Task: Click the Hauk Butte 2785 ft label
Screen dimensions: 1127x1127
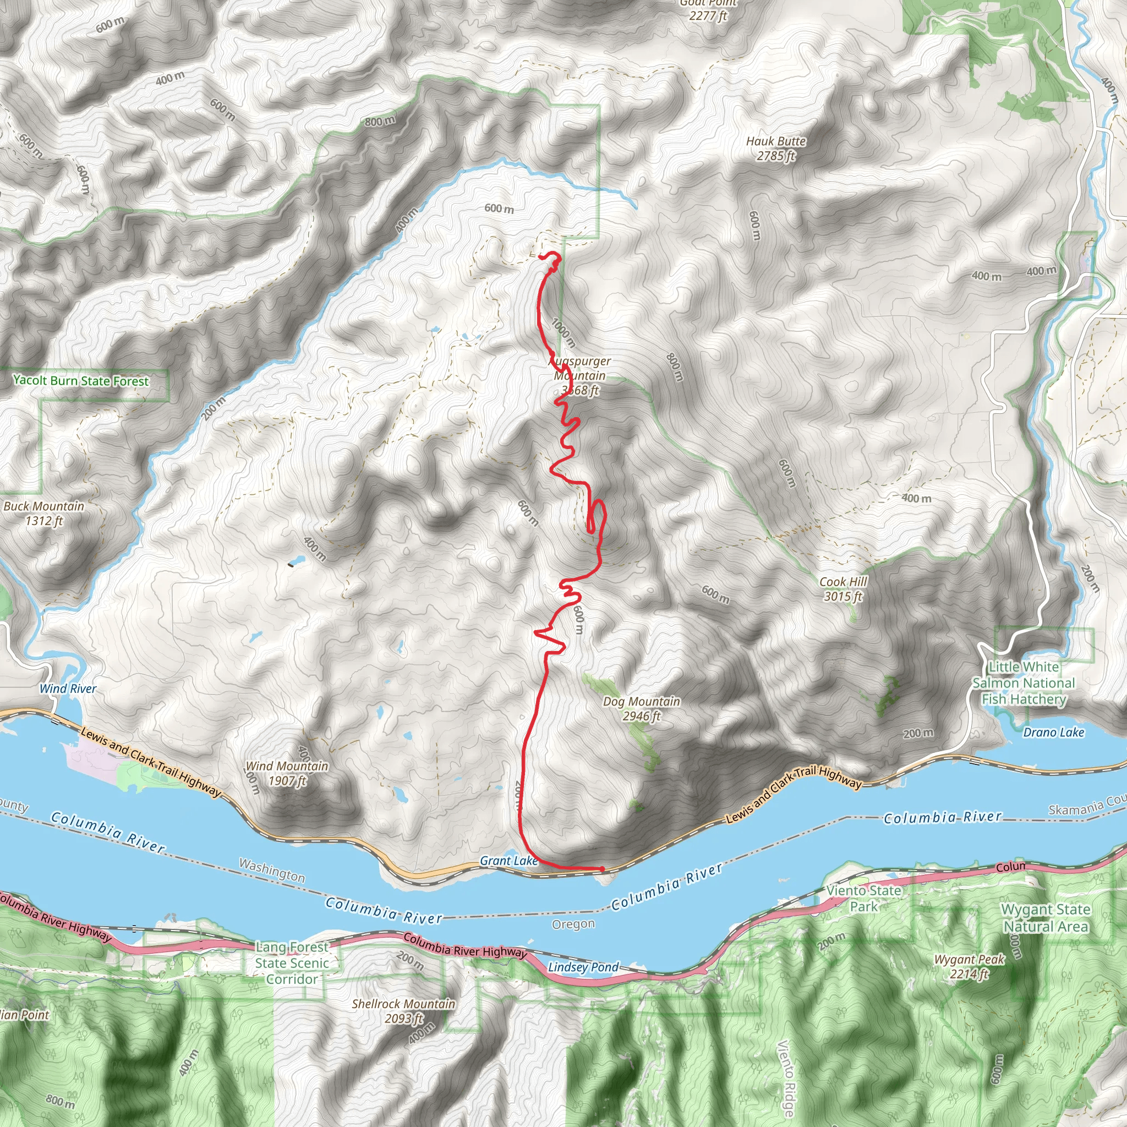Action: [x=776, y=148]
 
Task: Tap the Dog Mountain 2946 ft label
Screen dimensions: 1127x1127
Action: [x=642, y=708]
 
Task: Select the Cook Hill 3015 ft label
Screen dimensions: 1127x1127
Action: [x=843, y=589]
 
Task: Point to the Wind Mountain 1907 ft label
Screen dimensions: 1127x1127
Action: [x=287, y=773]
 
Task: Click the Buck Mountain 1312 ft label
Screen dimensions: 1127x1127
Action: [x=44, y=513]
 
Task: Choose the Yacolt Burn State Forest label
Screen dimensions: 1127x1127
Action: [x=81, y=381]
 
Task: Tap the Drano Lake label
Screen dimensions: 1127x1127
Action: [x=1053, y=732]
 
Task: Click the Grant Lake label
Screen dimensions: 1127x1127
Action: [x=508, y=861]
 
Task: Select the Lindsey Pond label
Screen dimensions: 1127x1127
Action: [x=583, y=966]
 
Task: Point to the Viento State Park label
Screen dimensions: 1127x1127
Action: [x=864, y=898]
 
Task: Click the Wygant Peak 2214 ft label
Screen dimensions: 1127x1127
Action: [x=970, y=966]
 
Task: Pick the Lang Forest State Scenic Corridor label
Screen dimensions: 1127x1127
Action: [x=292, y=963]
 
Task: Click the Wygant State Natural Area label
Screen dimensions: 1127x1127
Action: [x=1046, y=917]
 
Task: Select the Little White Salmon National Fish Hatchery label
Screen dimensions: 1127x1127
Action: [x=1024, y=682]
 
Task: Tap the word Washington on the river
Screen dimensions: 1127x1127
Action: [x=272, y=870]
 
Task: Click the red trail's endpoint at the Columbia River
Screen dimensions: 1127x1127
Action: [x=602, y=869]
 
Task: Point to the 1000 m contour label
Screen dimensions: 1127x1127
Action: [x=563, y=333]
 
